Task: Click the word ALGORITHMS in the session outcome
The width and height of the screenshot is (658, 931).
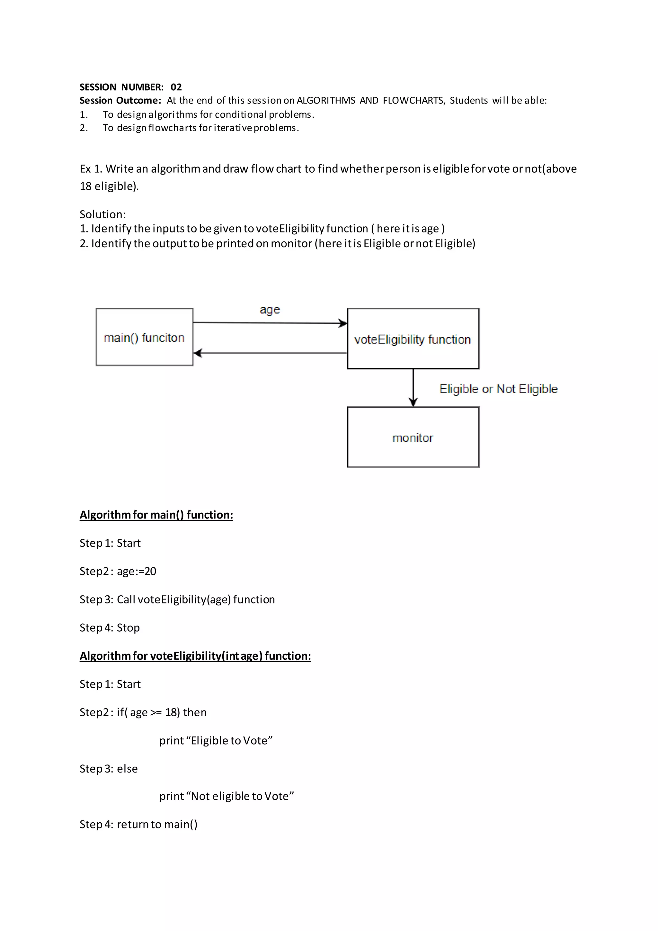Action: coord(326,101)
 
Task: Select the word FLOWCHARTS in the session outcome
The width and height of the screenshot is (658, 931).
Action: coord(413,101)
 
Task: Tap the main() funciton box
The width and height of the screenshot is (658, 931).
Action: coord(144,337)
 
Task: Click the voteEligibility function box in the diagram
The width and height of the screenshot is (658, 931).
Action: coord(413,339)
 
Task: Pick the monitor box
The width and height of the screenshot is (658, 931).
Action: coord(413,437)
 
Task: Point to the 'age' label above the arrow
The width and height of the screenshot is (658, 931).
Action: coord(270,310)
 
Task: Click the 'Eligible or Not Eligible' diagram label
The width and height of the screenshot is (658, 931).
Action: coord(498,389)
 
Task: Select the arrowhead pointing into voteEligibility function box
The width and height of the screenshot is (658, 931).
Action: coord(343,323)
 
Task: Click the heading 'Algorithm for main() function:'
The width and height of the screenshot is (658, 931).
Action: coord(156,515)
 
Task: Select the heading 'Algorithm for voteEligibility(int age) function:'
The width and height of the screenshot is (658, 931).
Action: coord(195,656)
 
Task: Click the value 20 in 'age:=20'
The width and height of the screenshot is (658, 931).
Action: coord(150,571)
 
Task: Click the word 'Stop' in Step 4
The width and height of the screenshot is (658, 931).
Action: coord(128,628)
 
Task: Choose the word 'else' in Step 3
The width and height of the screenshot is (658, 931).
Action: coord(127,769)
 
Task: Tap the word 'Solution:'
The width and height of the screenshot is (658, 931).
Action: coord(102,214)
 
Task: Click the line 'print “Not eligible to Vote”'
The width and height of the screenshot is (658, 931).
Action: coord(226,796)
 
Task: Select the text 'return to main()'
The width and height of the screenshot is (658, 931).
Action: coord(157,824)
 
